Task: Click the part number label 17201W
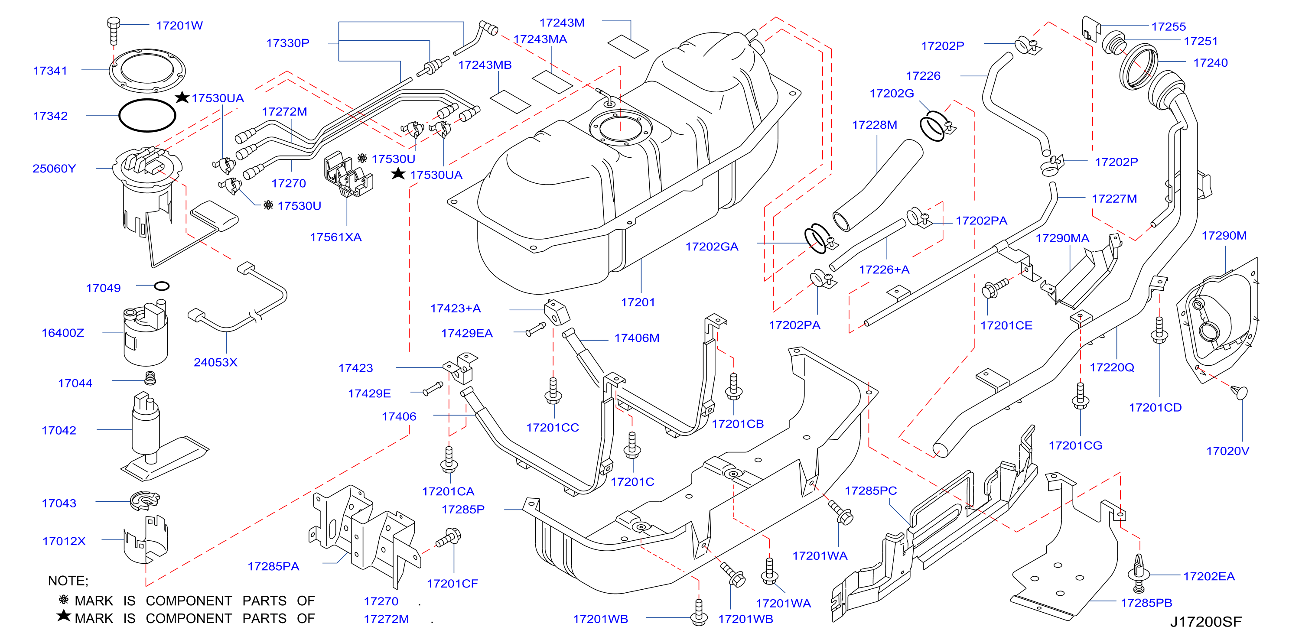click(179, 26)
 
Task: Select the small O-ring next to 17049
click(162, 286)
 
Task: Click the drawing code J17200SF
click(1205, 622)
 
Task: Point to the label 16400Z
click(63, 333)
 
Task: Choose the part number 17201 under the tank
click(638, 302)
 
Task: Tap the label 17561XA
click(335, 237)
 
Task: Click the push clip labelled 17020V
click(1239, 393)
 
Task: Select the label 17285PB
click(1146, 603)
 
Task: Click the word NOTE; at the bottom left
click(68, 581)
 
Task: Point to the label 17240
click(1211, 63)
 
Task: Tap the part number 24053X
click(215, 362)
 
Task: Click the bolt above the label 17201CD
click(1159, 330)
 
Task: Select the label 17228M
click(874, 125)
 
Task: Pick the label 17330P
click(288, 43)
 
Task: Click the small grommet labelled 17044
click(150, 378)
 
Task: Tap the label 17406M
click(637, 338)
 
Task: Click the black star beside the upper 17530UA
click(182, 97)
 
